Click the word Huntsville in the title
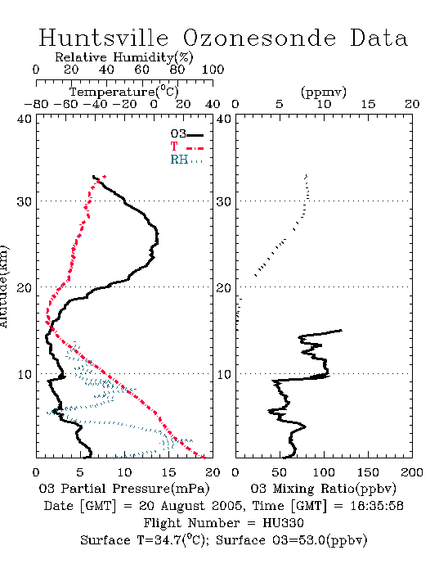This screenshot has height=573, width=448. pos(104,38)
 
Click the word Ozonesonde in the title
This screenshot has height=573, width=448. pos(258,38)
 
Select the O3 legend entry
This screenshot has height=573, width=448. pos(186,134)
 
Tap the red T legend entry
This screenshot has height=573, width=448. pos(186,147)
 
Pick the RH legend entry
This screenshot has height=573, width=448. pos(186,160)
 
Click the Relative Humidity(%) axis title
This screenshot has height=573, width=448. pos(124,57)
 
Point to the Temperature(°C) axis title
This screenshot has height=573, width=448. pos(124,92)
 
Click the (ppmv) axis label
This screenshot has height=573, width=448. pos(324,92)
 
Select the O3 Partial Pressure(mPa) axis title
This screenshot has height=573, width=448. pos(124,488)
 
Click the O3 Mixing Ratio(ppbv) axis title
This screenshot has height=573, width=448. pos(323,488)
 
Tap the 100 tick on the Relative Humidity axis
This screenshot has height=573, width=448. pos(213,70)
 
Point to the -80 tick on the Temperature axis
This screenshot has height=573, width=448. pos(36,104)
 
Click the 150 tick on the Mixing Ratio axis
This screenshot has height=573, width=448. pos(368,472)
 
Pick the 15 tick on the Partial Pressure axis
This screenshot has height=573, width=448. pos(168,472)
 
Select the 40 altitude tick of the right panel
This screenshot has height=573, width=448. pos(224,119)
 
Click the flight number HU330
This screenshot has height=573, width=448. pos(283,523)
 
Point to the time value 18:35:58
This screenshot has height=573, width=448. pos(377,506)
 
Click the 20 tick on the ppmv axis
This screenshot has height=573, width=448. pos(412,104)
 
